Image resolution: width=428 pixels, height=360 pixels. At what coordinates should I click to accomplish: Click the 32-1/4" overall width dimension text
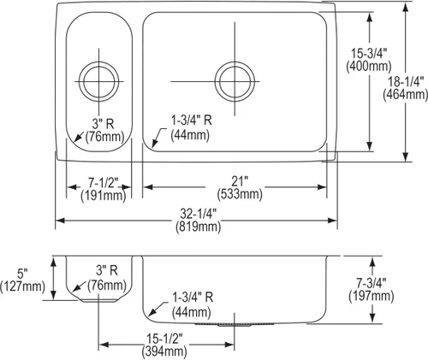pos(199,214)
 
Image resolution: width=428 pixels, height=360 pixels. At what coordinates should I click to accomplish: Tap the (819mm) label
pos(199,227)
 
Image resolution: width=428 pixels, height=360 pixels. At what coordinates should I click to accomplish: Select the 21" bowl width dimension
pos(240,181)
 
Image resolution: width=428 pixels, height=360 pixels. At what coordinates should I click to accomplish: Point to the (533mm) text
pos(240,194)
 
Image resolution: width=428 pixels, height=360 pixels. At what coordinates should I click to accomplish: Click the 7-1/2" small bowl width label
pos(103,183)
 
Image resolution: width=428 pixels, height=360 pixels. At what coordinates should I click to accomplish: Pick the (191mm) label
pos(103,196)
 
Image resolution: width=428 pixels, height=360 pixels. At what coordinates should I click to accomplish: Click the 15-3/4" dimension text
pos(369,53)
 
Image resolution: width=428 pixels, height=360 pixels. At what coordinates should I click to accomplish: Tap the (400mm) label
pos(369,67)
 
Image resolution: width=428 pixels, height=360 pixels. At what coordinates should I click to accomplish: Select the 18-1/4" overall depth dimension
pos(406,82)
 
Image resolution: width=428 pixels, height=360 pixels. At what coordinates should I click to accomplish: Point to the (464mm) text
pos(406,94)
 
